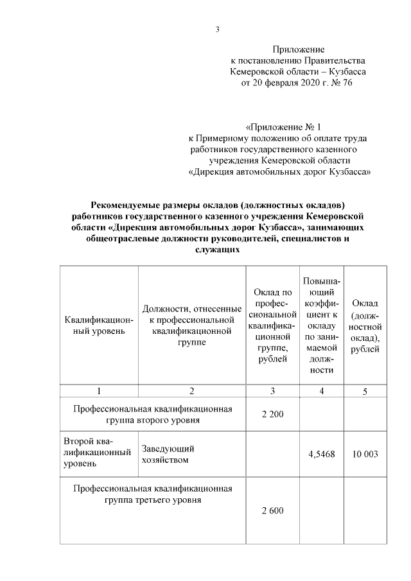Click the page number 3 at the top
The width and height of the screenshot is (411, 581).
[x=217, y=30]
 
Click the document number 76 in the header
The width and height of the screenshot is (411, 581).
[x=347, y=83]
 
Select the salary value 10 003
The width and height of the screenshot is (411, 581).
[x=365, y=455]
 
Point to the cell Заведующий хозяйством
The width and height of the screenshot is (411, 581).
[x=169, y=455]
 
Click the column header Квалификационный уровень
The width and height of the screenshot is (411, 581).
[x=99, y=325]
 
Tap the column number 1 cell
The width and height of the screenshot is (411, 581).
[x=99, y=391]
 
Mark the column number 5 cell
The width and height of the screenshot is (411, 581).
[x=365, y=391]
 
